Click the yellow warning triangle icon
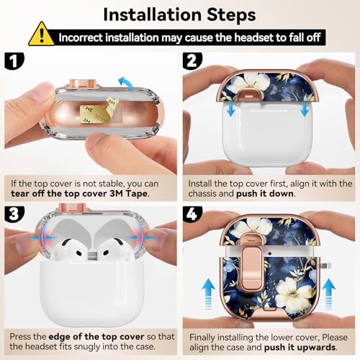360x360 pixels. tap(41, 35)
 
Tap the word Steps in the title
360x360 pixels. tap(231, 15)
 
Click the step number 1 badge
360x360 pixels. tap(14, 61)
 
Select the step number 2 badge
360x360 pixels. tap(192, 61)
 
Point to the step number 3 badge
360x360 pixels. tap(14, 213)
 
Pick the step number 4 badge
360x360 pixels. tap(192, 213)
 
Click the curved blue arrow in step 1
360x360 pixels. tap(127, 83)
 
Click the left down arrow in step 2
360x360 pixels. tap(231, 109)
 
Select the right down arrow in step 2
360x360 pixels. tap(305, 109)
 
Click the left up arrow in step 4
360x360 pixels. tap(208, 294)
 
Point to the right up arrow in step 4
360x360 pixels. tap(329, 294)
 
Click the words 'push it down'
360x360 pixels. tap(265, 194)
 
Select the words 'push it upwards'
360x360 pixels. tap(300, 347)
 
